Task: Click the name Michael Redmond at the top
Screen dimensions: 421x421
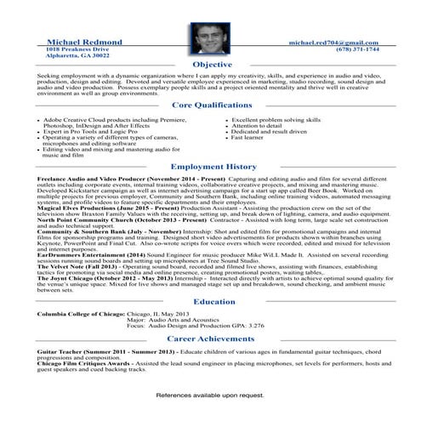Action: point(86,42)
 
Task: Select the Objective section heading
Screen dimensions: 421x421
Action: point(212,65)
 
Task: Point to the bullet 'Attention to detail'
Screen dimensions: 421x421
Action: point(258,127)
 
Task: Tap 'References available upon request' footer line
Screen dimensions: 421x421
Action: point(210,395)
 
